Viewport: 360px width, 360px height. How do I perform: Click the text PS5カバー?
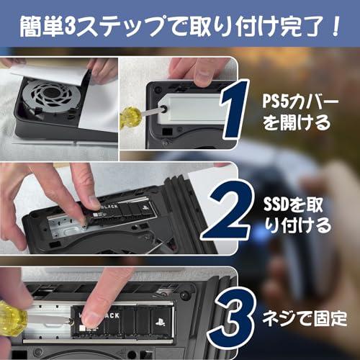click(x=300, y=101)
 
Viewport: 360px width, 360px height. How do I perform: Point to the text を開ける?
click(x=297, y=122)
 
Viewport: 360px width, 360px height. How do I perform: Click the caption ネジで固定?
click(x=305, y=318)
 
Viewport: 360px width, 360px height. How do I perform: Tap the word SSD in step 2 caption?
click(x=276, y=204)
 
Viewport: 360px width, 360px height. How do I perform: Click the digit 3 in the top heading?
click(x=70, y=27)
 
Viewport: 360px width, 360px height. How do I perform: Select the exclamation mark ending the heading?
click(x=334, y=26)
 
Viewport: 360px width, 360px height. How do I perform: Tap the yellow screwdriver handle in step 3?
click(x=12, y=318)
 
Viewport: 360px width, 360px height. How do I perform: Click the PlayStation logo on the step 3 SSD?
click(x=160, y=321)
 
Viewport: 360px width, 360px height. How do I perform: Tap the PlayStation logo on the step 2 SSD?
click(x=145, y=207)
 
